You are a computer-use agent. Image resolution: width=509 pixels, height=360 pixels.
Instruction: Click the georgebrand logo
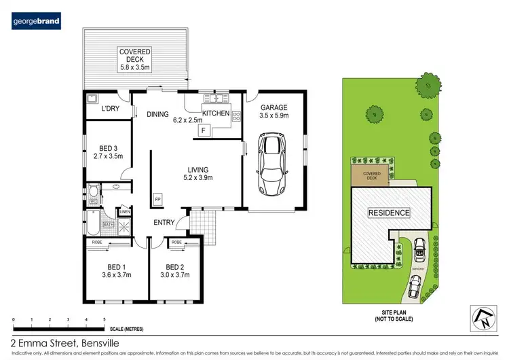[37, 22]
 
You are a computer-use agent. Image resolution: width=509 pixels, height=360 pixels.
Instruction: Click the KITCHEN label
[216, 113]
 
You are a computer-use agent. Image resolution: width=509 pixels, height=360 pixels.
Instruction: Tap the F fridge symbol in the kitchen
[202, 130]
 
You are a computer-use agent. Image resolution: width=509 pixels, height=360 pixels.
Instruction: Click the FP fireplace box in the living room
[158, 199]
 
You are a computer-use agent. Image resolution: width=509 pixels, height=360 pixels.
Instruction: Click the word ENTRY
[164, 222]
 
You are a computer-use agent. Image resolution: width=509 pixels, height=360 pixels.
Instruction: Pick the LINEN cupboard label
[124, 213]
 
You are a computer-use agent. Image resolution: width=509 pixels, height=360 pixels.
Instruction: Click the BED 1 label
[115, 270]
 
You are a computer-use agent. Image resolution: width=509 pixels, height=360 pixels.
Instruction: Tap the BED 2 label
[176, 270]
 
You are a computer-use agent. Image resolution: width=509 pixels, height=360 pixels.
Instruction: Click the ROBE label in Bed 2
[176, 242]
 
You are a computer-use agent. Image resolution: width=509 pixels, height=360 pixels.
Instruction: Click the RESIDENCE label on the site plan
[389, 213]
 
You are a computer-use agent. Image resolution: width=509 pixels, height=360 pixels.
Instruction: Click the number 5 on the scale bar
[104, 318]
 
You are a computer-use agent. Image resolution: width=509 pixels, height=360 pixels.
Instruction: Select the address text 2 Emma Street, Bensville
[60, 342]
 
